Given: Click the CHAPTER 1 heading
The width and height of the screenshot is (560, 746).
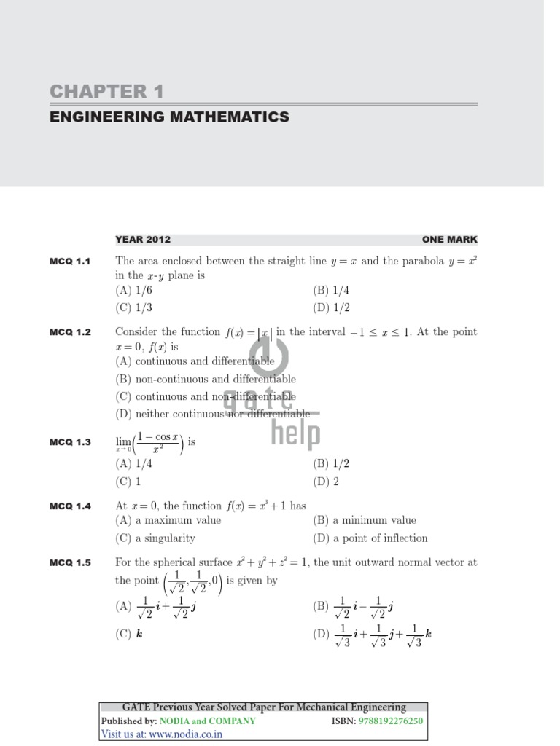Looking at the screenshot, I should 106,92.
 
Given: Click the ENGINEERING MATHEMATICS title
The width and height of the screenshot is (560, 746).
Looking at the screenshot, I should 169,117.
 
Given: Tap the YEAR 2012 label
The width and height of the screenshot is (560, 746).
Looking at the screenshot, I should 143,239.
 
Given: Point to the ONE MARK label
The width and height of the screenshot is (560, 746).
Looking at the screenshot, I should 449,239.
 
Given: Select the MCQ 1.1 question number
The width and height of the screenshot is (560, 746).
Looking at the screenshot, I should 70,262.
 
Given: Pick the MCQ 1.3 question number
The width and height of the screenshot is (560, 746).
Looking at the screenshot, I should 70,441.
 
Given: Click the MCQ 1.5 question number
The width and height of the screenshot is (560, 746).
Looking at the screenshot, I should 70,563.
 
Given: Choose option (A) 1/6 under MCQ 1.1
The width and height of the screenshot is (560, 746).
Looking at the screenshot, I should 133,290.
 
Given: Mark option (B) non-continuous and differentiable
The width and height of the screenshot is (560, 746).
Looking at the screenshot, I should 206,379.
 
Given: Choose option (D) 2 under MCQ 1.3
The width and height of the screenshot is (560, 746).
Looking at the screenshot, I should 326,482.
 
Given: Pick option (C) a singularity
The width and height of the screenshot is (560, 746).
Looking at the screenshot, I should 155,538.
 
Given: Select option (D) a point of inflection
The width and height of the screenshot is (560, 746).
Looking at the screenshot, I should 370,538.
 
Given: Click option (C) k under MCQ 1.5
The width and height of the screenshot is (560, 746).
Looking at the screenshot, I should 129,634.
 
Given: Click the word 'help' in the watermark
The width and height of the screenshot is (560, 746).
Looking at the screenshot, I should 295,434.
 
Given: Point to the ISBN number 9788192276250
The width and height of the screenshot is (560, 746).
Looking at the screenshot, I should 391,721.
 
